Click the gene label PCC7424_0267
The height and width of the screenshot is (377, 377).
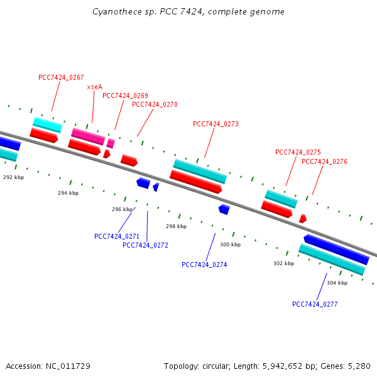[x=61, y=77]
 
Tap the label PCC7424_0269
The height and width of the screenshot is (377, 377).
[x=125, y=96]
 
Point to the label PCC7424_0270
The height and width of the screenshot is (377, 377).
[x=155, y=104]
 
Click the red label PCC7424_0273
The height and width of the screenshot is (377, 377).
[x=216, y=124]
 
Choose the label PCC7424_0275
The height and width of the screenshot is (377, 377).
[x=298, y=152]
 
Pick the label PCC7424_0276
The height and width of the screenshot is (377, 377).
[x=324, y=161]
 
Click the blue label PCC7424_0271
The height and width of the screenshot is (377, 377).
[x=117, y=236]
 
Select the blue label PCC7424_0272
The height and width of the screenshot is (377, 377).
[x=145, y=245]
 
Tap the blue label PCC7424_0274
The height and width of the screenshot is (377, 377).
[x=204, y=265]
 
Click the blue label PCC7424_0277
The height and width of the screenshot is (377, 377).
[x=315, y=304]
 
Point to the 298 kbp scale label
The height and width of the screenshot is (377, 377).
[x=176, y=226]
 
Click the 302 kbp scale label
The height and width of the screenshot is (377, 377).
[x=283, y=263]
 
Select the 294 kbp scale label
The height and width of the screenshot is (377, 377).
[x=68, y=193]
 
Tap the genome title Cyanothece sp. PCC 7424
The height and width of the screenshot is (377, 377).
[x=188, y=11]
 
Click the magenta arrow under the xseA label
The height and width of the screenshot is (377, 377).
[x=88, y=136]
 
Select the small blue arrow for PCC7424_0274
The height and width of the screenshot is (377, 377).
[x=224, y=209]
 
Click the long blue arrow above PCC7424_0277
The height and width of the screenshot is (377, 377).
[x=336, y=249]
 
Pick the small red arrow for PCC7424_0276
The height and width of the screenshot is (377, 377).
[x=303, y=219]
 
